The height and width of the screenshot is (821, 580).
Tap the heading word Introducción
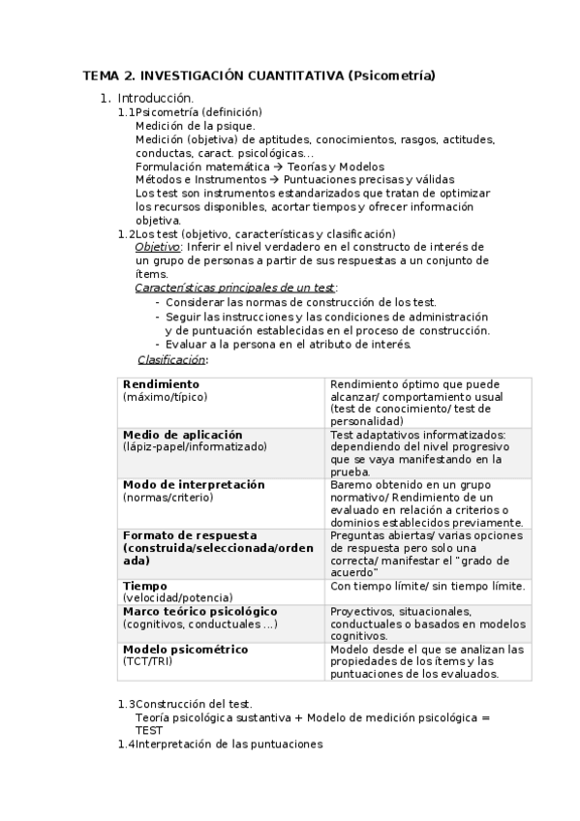click(x=155, y=98)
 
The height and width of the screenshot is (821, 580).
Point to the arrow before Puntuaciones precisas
click(x=273, y=180)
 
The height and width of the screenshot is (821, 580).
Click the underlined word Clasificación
click(x=171, y=359)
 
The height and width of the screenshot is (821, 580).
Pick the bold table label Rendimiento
click(x=161, y=384)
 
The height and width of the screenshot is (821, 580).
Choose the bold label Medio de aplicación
click(x=182, y=435)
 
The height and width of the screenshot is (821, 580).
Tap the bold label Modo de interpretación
click(x=194, y=484)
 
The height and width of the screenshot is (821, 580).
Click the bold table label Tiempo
click(x=145, y=586)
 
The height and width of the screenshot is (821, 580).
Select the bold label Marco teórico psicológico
click(x=199, y=611)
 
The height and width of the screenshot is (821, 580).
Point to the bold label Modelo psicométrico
click(x=185, y=649)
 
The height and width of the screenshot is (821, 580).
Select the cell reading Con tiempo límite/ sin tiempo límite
click(x=427, y=586)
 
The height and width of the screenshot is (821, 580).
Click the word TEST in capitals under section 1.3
click(x=149, y=730)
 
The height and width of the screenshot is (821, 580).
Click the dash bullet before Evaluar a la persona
click(x=158, y=345)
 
